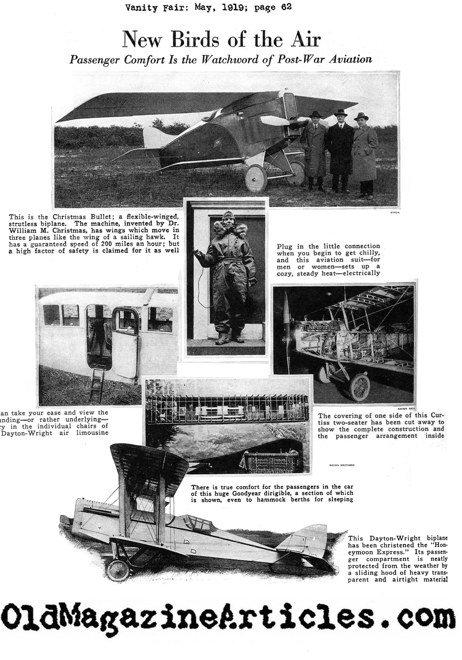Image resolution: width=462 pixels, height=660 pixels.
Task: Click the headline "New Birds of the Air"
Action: pos(222,40)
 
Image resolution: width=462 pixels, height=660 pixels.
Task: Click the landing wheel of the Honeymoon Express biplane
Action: pos(118,569)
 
